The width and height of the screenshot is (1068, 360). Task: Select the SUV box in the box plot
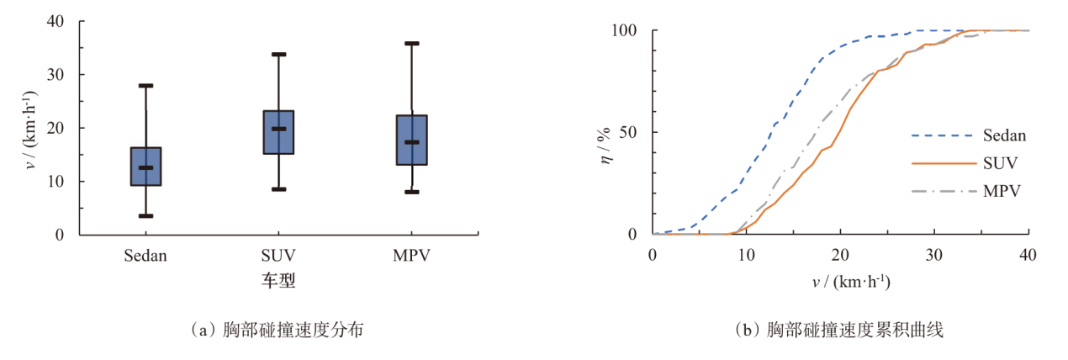[x=278, y=132]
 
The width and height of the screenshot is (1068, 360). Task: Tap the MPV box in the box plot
[x=411, y=140]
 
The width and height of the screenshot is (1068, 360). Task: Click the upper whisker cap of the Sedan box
[x=145, y=86]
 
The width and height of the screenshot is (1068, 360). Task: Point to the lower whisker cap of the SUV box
[x=278, y=189]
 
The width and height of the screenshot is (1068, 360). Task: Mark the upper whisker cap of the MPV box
[x=411, y=43]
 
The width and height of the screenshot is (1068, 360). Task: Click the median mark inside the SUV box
[x=278, y=129]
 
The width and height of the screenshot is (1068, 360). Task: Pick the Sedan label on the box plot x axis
[x=145, y=256]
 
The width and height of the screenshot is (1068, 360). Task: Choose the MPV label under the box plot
[x=411, y=256]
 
